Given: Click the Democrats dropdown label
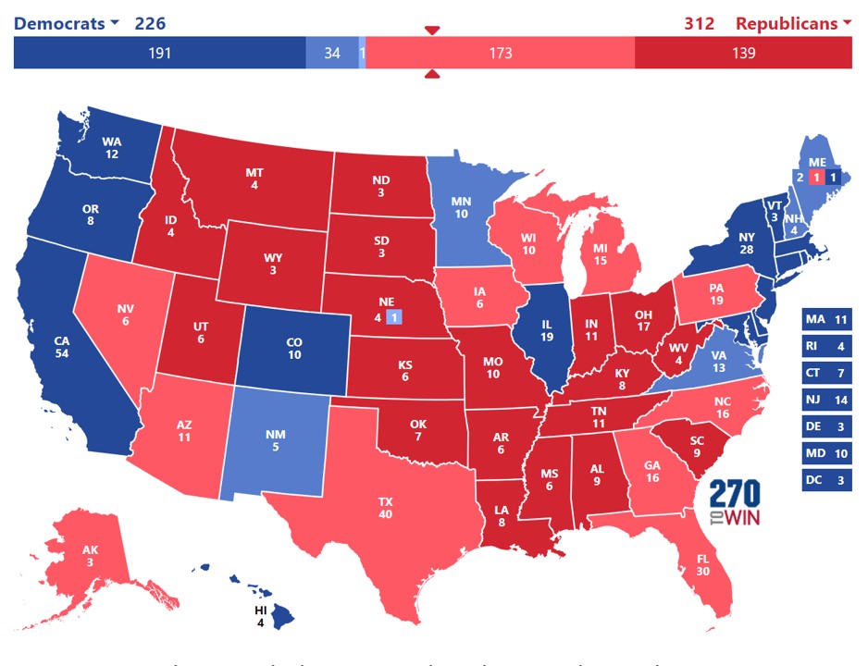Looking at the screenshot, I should [66, 23].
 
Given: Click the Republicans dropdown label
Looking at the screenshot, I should [792, 23].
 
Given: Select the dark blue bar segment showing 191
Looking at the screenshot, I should [159, 53].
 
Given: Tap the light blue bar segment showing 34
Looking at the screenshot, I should [332, 53].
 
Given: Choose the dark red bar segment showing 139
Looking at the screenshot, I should [743, 53].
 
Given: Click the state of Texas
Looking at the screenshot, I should [385, 508].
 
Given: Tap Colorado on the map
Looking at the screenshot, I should [294, 348].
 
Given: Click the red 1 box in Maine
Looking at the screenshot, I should [815, 177].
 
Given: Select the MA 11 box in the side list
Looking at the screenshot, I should [826, 320].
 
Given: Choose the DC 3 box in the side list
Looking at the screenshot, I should [826, 480].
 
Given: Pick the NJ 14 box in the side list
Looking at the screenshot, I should [826, 401].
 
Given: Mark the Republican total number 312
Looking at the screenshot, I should [699, 23].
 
